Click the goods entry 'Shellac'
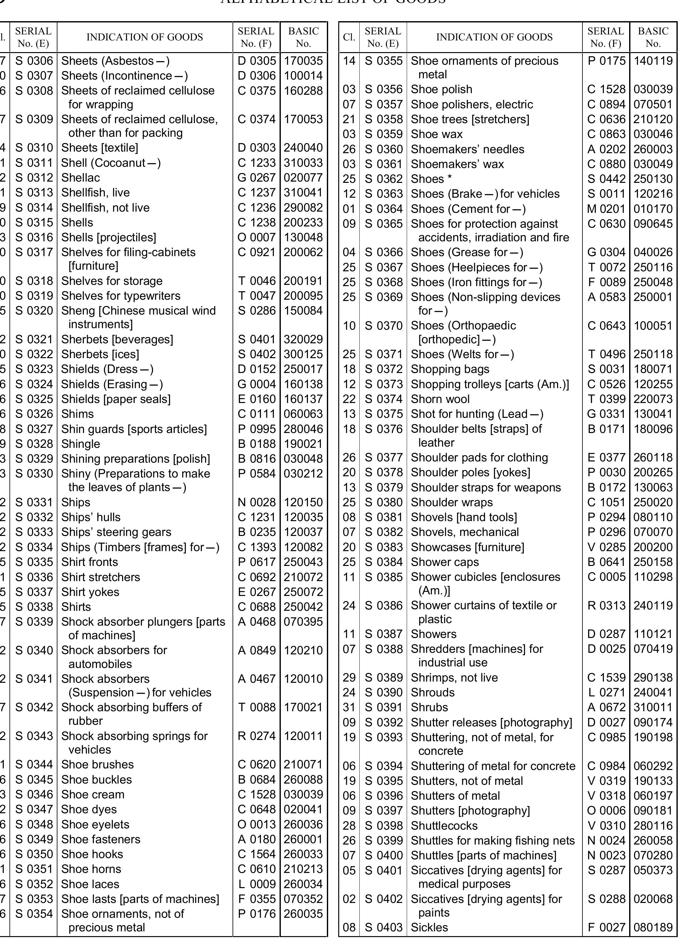pos(80,178)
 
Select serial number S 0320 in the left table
pos(34,310)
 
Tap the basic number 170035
pos(303,61)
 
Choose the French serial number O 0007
pos(256,238)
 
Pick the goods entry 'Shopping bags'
pos(450,369)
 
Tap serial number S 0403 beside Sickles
pos(383,927)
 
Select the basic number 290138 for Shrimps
pos(652,677)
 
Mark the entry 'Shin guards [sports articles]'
pos(134,429)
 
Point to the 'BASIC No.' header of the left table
pos(303,37)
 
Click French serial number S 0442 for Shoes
pos(606,179)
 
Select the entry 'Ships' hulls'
pos(91,517)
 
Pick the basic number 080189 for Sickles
pos(652,927)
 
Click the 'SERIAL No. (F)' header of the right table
pos(605,37)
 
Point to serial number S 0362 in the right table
pos(383,179)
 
